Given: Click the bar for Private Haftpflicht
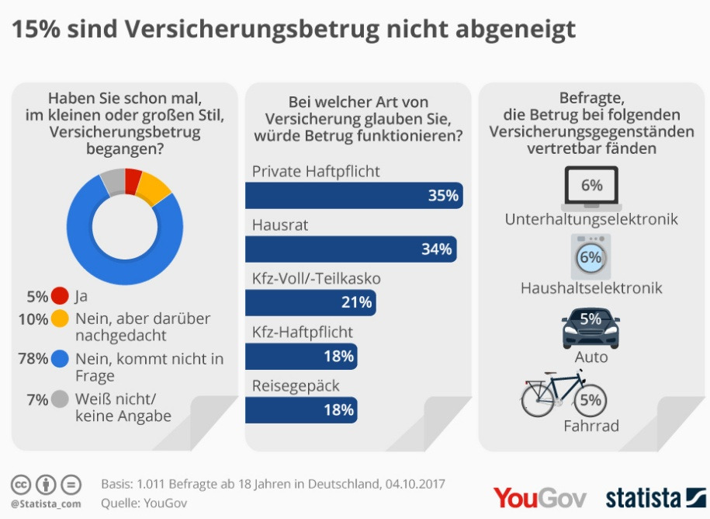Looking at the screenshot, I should pyautogui.click(x=354, y=196).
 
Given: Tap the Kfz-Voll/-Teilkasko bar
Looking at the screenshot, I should pyautogui.click(x=310, y=303).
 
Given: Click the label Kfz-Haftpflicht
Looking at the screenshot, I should pyautogui.click(x=303, y=333).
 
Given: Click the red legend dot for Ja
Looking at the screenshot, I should pyautogui.click(x=60, y=296).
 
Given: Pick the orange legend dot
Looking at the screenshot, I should pyautogui.click(x=60, y=319).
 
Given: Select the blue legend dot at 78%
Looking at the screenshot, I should pyautogui.click(x=60, y=358).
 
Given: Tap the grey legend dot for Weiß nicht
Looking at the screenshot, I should pyautogui.click(x=60, y=399).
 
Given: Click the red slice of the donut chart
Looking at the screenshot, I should pyautogui.click(x=133, y=180).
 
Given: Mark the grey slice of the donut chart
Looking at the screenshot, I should pyautogui.click(x=113, y=182).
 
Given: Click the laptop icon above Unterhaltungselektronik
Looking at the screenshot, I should pyautogui.click(x=591, y=191).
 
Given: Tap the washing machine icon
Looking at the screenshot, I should pyautogui.click(x=591, y=256).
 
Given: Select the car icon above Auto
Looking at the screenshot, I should pyautogui.click(x=591, y=328).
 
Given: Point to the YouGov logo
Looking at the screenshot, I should pyautogui.click(x=539, y=497).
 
